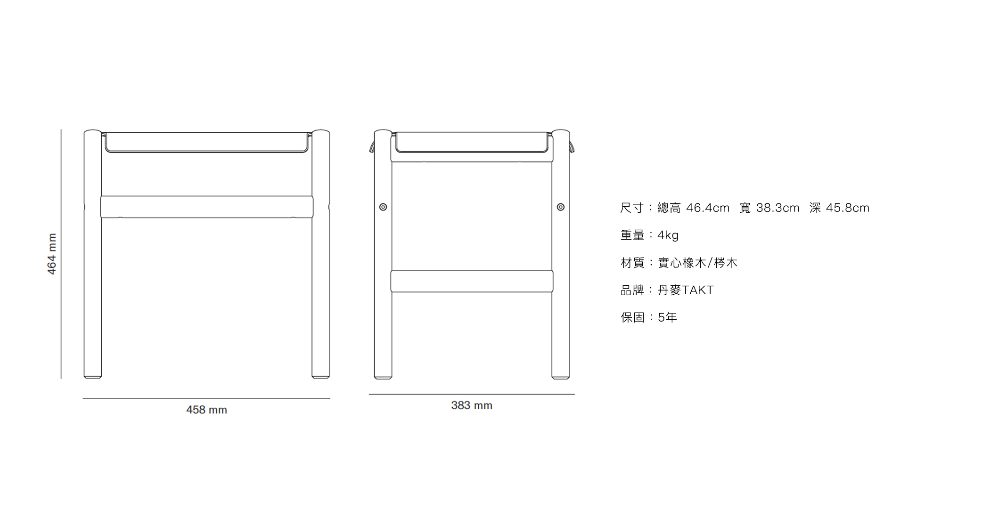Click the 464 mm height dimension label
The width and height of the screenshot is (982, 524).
52,254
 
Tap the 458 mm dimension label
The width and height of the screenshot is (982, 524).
206,410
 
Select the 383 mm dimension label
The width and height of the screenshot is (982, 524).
472,405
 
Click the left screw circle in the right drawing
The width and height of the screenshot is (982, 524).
383,207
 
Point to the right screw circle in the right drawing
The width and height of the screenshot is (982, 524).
561,207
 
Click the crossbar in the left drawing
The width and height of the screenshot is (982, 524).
206,207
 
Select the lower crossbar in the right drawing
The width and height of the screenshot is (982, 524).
472,281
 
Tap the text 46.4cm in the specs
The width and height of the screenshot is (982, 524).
708,208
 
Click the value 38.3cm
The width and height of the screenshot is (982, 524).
778,208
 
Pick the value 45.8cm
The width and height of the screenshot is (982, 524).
848,208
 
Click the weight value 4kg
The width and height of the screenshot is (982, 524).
668,235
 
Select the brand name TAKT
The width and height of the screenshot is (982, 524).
698,290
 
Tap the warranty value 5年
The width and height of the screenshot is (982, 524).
667,318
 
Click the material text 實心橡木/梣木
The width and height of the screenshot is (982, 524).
697,263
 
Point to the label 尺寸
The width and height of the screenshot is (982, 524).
632,208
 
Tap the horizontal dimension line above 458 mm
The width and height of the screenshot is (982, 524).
206,399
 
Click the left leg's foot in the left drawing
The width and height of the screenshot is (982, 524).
93,376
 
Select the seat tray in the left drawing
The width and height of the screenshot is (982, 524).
206,142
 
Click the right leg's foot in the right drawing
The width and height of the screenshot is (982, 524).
561,376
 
